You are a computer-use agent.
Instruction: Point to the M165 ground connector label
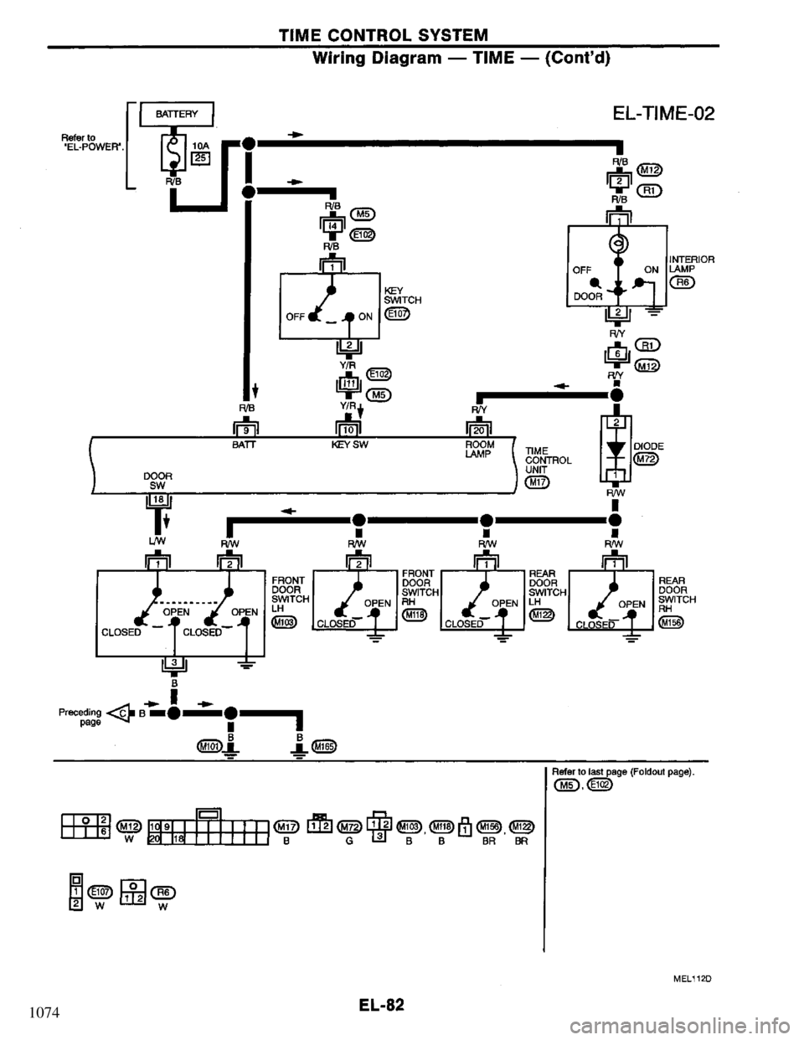[x=325, y=747]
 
